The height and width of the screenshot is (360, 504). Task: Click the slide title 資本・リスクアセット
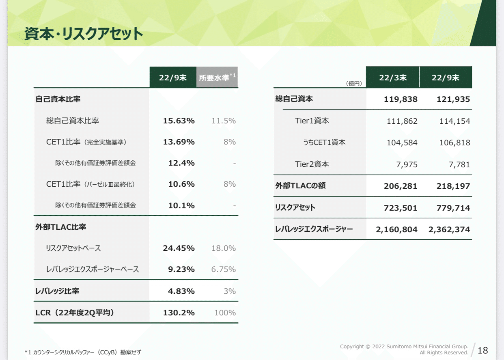84,34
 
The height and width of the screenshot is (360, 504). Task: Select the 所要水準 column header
217,78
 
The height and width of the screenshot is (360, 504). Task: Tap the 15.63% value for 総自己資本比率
179,121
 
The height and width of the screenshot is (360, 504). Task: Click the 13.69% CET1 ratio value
179,142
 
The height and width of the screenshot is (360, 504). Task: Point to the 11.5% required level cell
224,121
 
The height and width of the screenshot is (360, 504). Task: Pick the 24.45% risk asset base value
179,248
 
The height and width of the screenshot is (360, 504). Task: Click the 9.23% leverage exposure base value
181,269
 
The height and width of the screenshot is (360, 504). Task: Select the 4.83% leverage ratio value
181,291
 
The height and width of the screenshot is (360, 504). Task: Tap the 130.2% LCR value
179,313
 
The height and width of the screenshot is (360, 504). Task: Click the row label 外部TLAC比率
61,227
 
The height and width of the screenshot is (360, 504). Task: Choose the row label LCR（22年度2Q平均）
75,313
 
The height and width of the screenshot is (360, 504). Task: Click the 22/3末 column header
392,78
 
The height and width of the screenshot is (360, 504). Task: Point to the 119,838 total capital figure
401,99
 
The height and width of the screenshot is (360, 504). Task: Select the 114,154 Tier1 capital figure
454,121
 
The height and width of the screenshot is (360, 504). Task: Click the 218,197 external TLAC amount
453,186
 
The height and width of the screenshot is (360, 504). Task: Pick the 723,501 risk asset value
401,208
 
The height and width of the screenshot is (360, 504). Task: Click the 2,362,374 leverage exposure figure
449,230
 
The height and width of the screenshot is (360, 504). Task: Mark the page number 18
483,350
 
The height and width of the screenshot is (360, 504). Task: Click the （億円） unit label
354,84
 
